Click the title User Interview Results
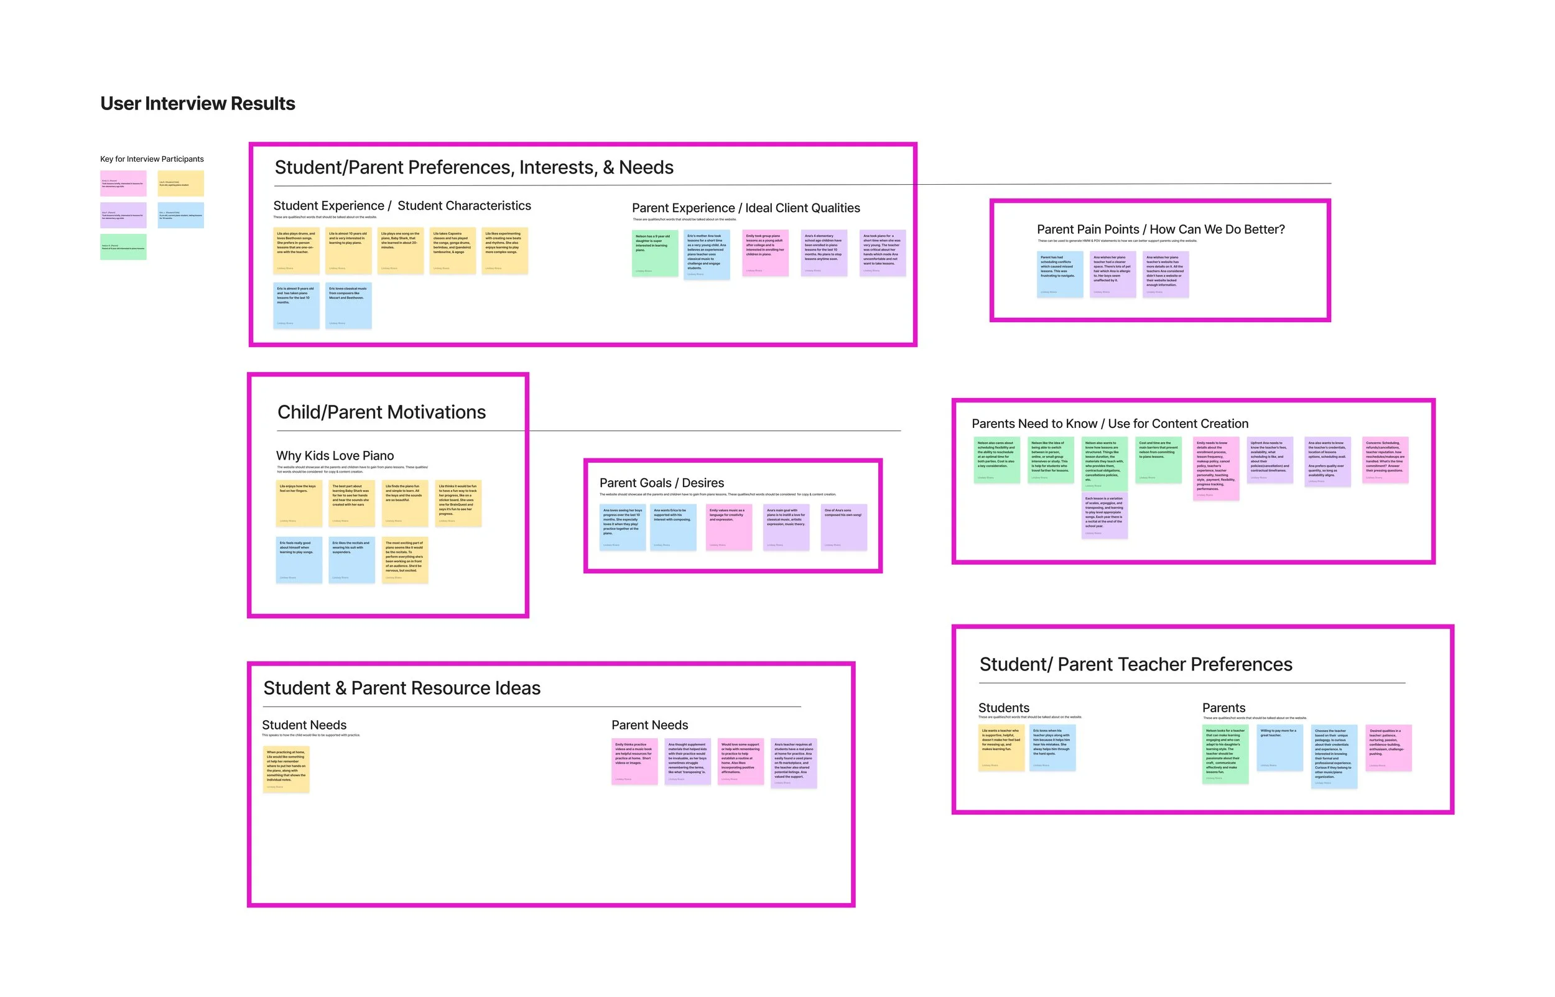[197, 104]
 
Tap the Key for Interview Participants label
[152, 159]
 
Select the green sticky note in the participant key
[123, 248]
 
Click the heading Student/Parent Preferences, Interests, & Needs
[474, 168]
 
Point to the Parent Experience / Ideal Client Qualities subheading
[746, 208]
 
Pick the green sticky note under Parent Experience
[654, 253]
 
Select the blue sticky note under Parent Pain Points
[1060, 274]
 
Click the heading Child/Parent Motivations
[381, 412]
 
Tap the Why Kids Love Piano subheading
[335, 456]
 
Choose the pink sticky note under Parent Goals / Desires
[729, 527]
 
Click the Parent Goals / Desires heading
[662, 483]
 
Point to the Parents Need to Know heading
[1110, 424]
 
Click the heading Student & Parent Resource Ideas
[401, 688]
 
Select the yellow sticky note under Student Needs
[286, 769]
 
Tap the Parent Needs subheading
[649, 725]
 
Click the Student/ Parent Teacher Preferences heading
[1136, 664]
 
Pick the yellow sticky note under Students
[1001, 748]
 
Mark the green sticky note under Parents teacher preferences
[1225, 754]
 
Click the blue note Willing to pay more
[1279, 748]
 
